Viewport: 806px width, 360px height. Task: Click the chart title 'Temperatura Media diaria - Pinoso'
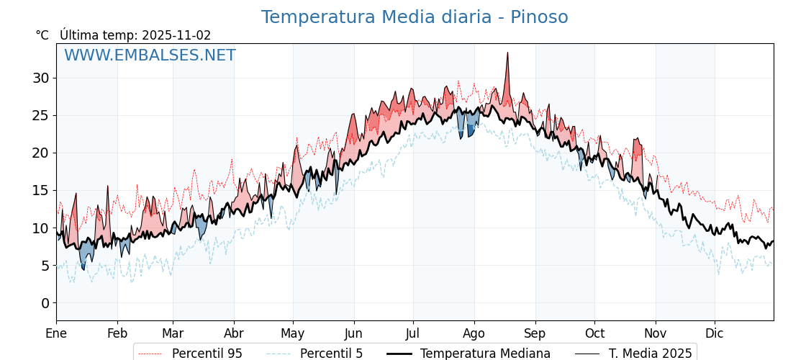coord(414,17)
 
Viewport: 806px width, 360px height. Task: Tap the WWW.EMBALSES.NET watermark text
coord(150,55)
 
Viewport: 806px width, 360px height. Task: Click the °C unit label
coord(42,35)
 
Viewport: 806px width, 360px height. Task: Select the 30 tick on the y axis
coord(40,78)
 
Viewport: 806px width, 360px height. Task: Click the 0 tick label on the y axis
coord(45,303)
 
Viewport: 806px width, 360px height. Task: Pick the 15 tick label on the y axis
coord(40,191)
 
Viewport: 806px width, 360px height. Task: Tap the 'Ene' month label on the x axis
coord(56,333)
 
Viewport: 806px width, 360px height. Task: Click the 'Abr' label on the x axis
coord(234,333)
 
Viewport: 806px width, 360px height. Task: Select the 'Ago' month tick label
coord(474,333)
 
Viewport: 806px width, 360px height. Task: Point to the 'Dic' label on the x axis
coord(715,333)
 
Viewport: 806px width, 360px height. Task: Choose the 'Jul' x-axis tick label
coord(413,333)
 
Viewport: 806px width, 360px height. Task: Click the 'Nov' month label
coord(656,333)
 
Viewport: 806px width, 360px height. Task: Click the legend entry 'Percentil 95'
coord(207,354)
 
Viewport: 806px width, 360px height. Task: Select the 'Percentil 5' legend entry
coord(331,354)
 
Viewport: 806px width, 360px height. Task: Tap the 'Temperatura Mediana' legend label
coord(485,354)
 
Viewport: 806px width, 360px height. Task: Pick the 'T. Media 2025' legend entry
coord(650,354)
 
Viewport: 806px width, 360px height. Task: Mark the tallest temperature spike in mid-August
coord(507,53)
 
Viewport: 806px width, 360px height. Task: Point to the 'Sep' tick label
coord(535,333)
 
